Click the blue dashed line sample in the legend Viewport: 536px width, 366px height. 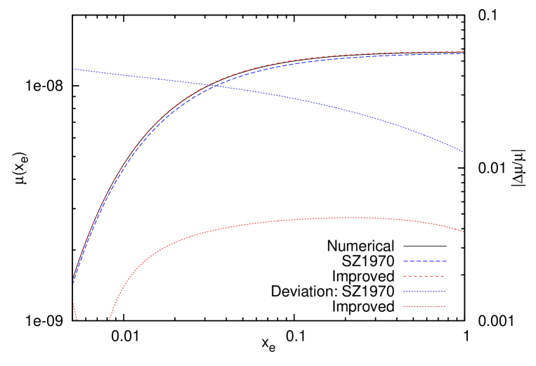[x=424, y=261]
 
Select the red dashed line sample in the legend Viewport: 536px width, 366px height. [x=424, y=276]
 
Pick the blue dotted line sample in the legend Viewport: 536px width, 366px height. [x=424, y=292]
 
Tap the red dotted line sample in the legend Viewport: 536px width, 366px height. [x=424, y=306]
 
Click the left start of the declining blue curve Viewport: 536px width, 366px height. [x=74, y=69]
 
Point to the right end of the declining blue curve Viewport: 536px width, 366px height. [x=464, y=152]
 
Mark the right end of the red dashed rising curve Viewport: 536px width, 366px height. [x=464, y=51]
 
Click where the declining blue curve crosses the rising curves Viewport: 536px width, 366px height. [x=211, y=85]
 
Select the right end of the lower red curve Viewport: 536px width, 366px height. [x=464, y=231]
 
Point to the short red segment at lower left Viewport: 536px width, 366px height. [x=74, y=311]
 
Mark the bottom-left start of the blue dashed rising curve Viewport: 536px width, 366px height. [x=74, y=282]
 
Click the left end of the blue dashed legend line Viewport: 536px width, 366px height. [x=403, y=261]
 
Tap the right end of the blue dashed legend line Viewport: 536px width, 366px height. [x=446, y=261]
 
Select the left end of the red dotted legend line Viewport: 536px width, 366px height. [x=403, y=306]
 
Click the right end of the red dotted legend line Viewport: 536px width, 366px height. [x=446, y=306]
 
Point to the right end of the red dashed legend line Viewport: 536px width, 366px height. [x=446, y=276]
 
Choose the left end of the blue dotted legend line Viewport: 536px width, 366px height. [x=403, y=292]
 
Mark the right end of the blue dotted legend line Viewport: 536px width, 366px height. [x=446, y=292]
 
